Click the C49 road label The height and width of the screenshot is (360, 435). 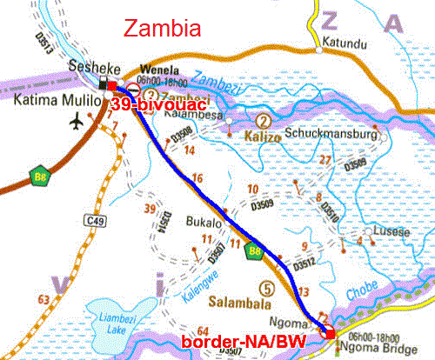(x=97, y=223)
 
